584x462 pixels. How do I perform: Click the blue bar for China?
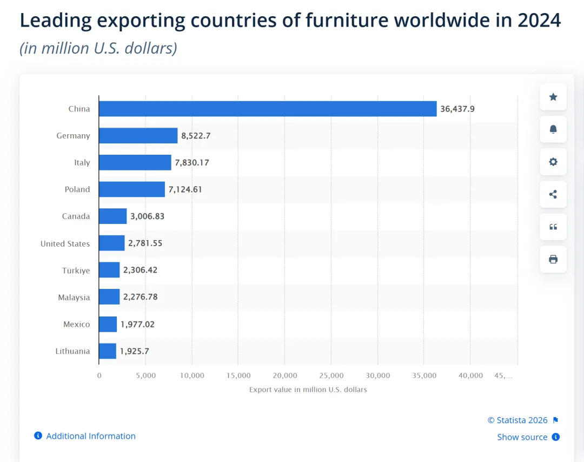point(268,109)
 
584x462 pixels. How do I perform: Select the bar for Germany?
point(138,136)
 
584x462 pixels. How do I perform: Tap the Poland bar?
point(132,189)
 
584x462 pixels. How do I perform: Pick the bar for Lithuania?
point(108,351)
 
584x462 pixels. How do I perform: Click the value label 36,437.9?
point(457,109)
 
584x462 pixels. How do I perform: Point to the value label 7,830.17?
point(192,162)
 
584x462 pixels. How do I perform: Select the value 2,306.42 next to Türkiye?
point(140,270)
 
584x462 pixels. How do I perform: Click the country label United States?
point(65,243)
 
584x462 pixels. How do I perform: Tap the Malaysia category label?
point(74,297)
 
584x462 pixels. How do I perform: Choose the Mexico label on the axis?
point(76,324)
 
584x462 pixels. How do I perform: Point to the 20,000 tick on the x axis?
point(285,375)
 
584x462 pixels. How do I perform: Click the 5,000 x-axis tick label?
point(145,375)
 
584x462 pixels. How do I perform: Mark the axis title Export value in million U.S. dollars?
point(308,390)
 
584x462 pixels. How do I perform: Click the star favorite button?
point(553,97)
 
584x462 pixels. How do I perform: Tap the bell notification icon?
point(553,129)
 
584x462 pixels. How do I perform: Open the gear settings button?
point(553,162)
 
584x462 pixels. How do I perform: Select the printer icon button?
point(553,259)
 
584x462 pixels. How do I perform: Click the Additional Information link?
point(91,436)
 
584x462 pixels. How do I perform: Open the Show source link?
point(522,437)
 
